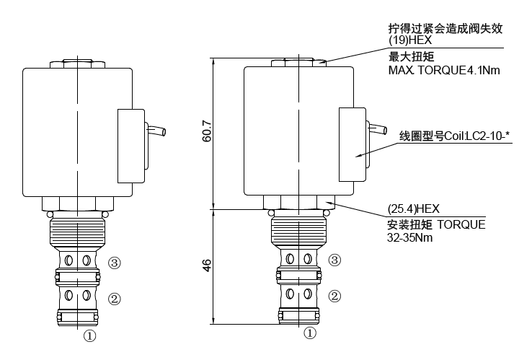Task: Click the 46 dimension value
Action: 206,266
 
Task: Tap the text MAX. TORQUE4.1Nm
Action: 443,70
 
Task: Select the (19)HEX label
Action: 408,41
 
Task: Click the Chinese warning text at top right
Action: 444,29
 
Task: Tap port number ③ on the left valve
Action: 113,262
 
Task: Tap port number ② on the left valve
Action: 113,298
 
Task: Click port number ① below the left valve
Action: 89,335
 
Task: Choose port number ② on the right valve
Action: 334,296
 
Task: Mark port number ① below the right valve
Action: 310,333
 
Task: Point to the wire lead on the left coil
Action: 156,131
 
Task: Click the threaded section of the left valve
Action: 77,232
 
